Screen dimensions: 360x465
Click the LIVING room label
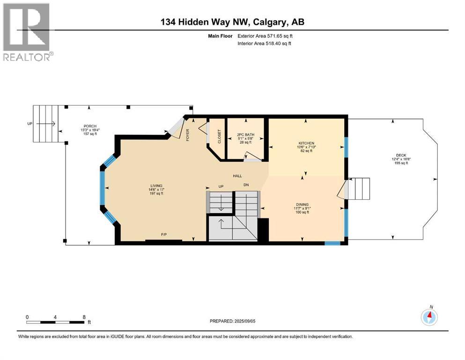coord(156,186)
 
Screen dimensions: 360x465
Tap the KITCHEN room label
coord(306,143)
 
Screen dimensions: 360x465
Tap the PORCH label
coord(90,127)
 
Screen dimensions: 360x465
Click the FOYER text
coord(187,135)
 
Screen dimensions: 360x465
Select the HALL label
coord(237,176)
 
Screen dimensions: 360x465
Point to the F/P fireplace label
coord(164,234)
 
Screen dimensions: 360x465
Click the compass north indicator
coord(429,317)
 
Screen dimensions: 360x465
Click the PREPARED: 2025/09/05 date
coord(232,321)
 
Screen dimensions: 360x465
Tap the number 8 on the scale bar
coord(84,317)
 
